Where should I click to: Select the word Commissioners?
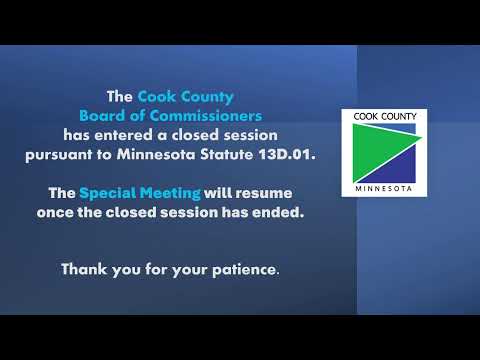tap(206, 116)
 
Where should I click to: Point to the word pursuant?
tap(59, 155)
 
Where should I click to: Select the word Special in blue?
tap(107, 193)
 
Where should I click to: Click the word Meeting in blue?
tap(170, 193)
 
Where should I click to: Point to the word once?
tap(55, 212)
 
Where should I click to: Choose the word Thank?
tap(84, 269)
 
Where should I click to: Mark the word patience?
tap(245, 269)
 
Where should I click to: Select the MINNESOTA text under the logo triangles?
tap(384, 189)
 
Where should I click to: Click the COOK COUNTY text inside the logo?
tap(385, 116)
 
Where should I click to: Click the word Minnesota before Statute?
tap(156, 154)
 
